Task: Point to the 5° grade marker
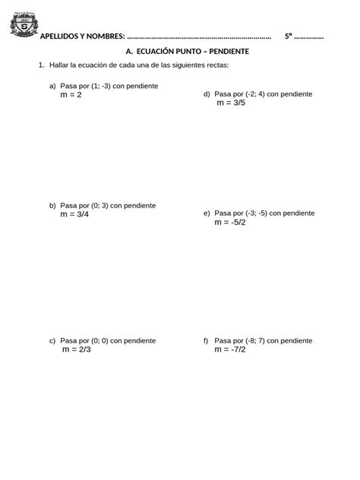click(288, 36)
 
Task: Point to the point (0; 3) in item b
click(99, 206)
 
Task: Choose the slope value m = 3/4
click(74, 215)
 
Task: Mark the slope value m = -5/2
click(230, 223)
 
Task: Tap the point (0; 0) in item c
click(99, 341)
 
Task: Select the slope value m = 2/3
click(77, 350)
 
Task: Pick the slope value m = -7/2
click(230, 350)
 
